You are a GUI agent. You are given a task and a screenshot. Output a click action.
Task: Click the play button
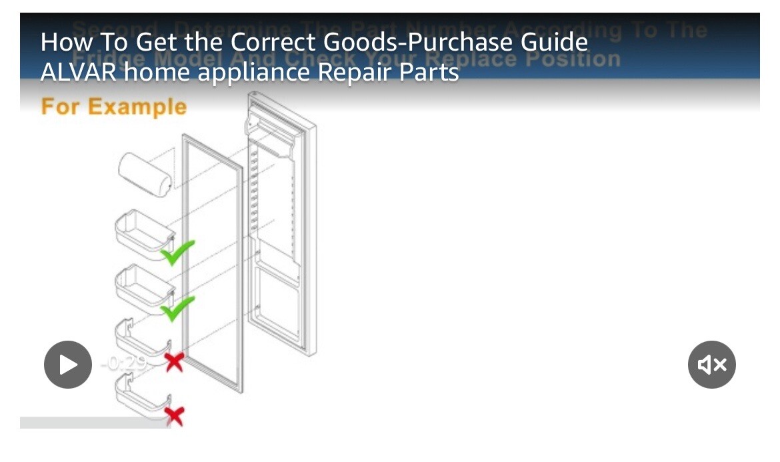[x=68, y=365]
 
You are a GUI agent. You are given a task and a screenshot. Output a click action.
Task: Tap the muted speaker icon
[x=711, y=365]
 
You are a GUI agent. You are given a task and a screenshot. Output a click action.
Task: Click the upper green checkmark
[x=177, y=252]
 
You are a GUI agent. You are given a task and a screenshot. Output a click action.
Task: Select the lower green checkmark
[x=177, y=308]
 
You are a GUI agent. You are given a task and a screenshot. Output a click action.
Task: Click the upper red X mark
[x=174, y=363]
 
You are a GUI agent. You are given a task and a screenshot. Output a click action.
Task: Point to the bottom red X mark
[x=174, y=416]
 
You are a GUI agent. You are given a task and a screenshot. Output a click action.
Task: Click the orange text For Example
[x=114, y=107]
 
